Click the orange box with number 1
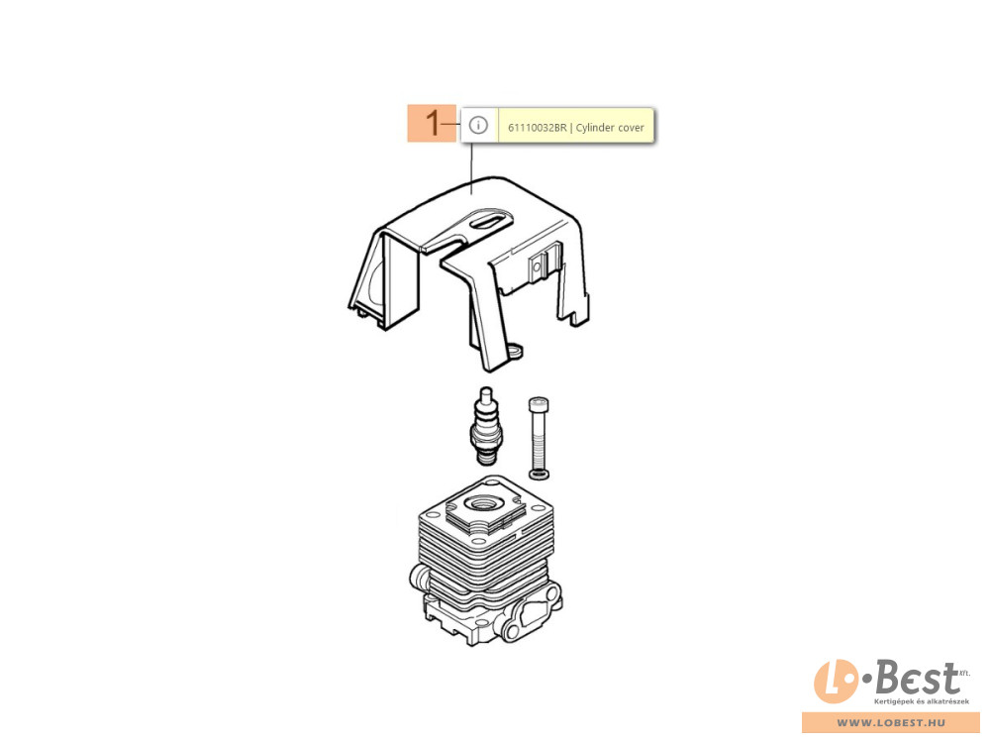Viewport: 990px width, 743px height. coord(432,123)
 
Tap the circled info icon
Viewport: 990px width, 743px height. coord(478,125)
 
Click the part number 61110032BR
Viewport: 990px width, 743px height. coord(538,128)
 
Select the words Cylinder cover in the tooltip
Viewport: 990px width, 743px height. coord(610,128)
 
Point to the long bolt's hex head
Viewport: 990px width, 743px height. coord(539,404)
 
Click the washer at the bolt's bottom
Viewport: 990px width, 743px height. coord(539,474)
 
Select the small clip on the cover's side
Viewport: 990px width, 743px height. coord(537,265)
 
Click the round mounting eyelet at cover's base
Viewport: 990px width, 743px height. coord(515,350)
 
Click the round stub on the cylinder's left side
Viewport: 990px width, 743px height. coord(419,576)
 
